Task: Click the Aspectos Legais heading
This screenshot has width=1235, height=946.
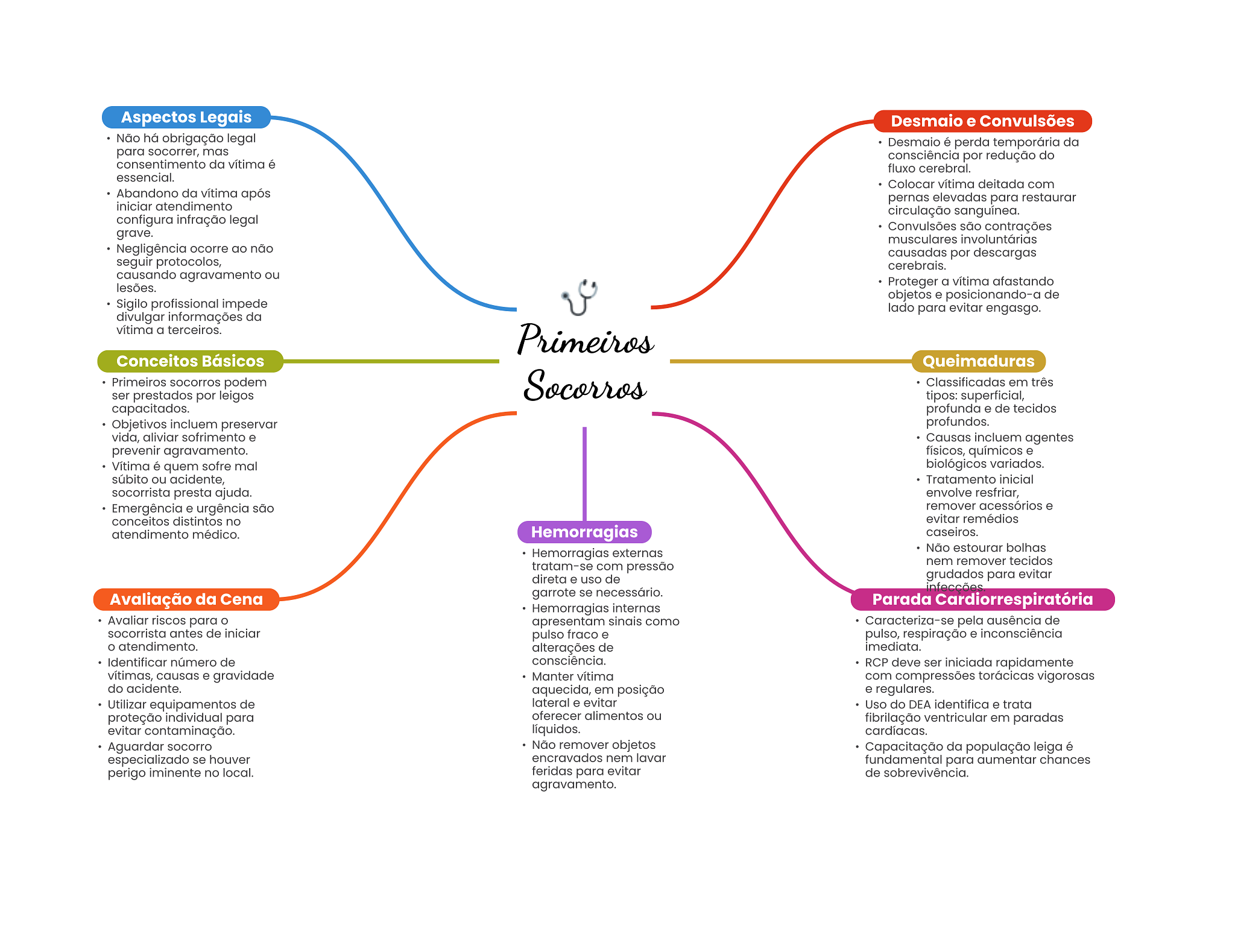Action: coord(186,117)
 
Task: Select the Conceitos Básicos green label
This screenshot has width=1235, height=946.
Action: coord(190,361)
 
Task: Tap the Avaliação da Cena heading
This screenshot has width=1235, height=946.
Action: coord(186,599)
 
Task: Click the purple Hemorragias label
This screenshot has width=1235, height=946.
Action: coord(584,532)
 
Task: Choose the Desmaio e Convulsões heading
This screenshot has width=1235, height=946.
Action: coord(982,121)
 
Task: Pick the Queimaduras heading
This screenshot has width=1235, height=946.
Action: coord(978,361)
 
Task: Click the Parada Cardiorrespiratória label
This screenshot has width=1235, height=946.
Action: coord(982,599)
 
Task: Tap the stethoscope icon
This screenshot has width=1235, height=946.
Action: coord(580,297)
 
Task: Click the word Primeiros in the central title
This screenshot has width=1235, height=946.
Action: coord(586,339)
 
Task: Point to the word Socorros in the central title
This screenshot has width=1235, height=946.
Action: coord(586,385)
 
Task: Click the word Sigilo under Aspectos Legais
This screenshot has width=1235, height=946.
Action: coord(131,304)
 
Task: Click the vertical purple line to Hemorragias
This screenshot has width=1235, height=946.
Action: coord(584,474)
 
